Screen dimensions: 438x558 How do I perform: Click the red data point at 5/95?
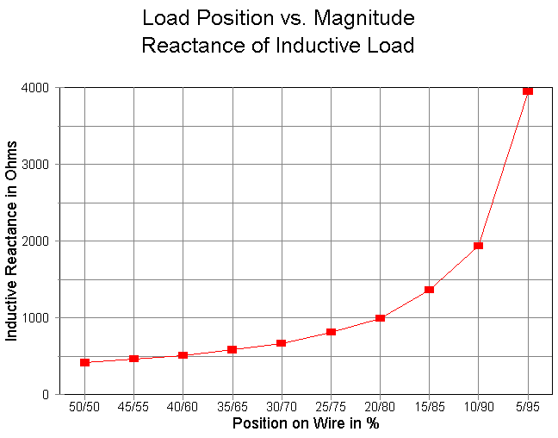[x=528, y=91]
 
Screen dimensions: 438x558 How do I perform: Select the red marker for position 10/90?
[x=479, y=246]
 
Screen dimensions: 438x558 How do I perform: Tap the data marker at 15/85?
[x=430, y=290]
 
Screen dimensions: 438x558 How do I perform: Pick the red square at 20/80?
[x=380, y=318]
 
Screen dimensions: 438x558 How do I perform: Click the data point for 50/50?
[x=85, y=362]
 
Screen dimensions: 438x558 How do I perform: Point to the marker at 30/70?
[x=282, y=343]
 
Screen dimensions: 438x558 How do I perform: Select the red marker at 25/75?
[x=331, y=332]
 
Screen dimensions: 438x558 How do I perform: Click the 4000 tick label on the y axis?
[x=35, y=88]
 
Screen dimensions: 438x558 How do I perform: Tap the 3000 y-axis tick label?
[x=35, y=165]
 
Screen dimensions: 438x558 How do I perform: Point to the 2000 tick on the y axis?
[x=35, y=241]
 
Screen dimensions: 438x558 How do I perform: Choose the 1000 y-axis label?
[x=35, y=318]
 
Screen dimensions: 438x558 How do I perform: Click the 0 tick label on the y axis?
[x=45, y=395]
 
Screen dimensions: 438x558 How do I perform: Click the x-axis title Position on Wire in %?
[x=306, y=424]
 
